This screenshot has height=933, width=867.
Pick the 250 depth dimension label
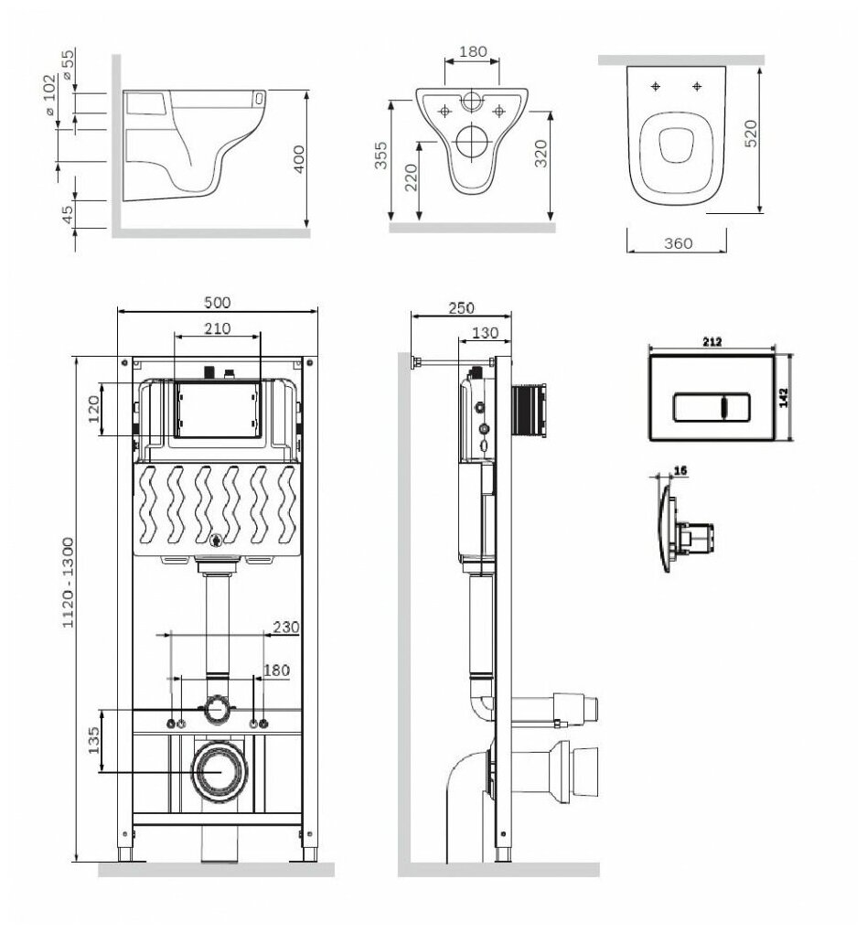click(x=461, y=308)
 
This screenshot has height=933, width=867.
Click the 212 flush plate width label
click(x=713, y=342)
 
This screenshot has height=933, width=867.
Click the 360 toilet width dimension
click(x=678, y=243)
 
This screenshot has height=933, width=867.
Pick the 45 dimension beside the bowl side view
click(x=66, y=214)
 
